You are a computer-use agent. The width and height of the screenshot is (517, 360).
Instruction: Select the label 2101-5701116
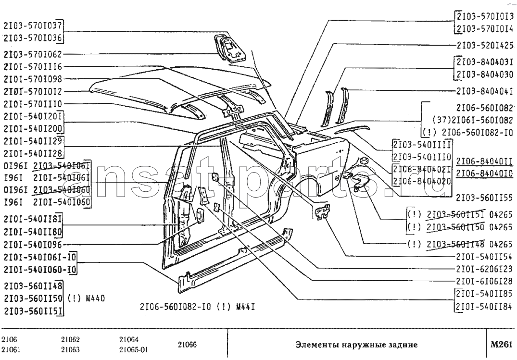click(33, 66)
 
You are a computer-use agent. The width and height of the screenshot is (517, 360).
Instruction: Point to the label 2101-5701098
click(33, 79)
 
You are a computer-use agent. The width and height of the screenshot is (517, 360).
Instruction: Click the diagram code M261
click(502, 344)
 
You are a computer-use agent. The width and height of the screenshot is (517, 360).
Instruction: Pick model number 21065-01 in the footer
click(133, 349)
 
